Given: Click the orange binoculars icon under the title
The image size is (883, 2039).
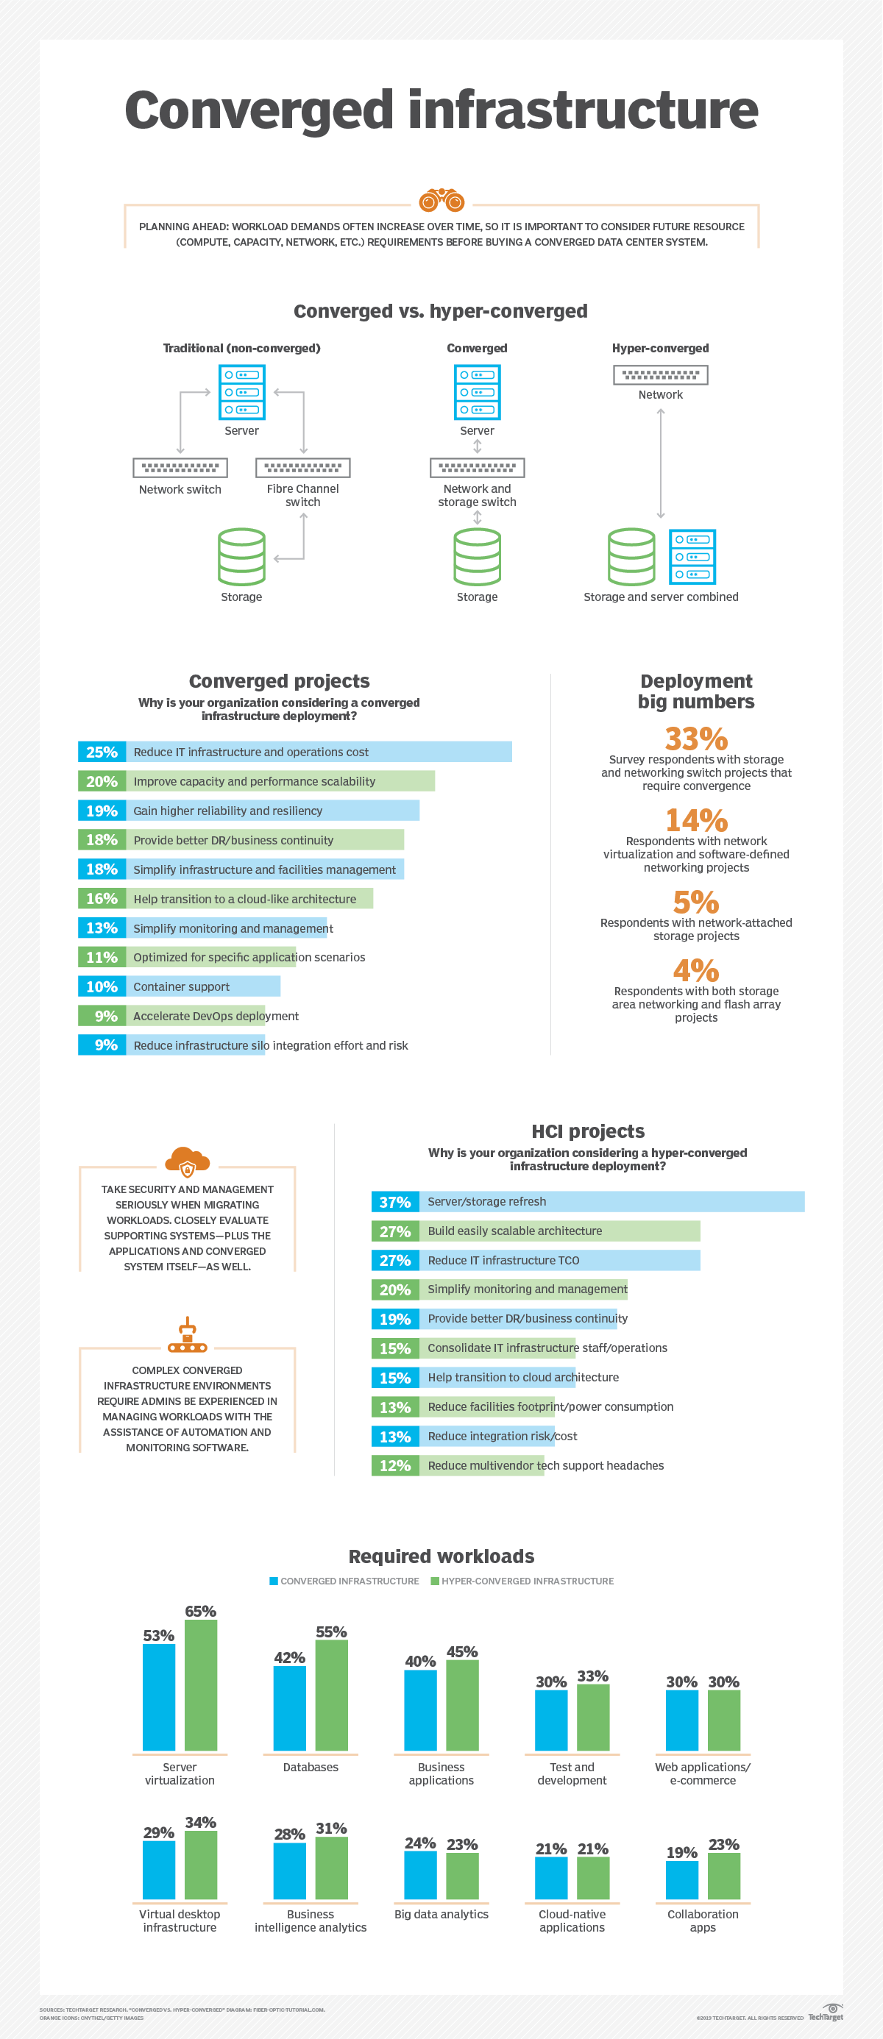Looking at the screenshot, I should tap(441, 200).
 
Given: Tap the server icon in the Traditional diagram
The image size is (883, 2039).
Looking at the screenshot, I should tap(241, 392).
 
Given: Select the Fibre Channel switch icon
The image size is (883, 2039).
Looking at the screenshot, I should tap(302, 468).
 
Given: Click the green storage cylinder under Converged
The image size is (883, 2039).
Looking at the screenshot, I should tap(477, 556).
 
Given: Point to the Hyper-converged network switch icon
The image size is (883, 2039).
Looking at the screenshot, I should tap(661, 374).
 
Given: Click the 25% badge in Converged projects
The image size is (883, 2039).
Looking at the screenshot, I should tap(102, 752).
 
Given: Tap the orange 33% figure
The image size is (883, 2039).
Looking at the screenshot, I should tap(695, 738).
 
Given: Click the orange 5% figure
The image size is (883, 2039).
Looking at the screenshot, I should tap(695, 902).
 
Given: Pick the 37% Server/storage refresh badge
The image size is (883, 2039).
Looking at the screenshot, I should tap(394, 1202).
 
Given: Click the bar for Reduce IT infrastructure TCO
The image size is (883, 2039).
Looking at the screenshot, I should tap(559, 1260).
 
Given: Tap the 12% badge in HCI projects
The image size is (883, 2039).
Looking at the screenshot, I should tap(394, 1465).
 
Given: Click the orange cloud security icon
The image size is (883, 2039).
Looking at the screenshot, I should tap(187, 1161).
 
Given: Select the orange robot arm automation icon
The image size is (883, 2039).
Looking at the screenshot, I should tap(187, 1334).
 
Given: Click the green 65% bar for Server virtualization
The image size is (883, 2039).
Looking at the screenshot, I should tap(200, 1684).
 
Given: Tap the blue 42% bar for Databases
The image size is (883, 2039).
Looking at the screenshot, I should tap(289, 1708).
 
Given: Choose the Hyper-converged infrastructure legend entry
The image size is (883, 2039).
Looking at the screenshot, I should tap(522, 1581).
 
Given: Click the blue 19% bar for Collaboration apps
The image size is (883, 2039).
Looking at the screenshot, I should tap(682, 1879).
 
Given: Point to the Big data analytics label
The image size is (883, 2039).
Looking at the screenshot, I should tap(441, 1914).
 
